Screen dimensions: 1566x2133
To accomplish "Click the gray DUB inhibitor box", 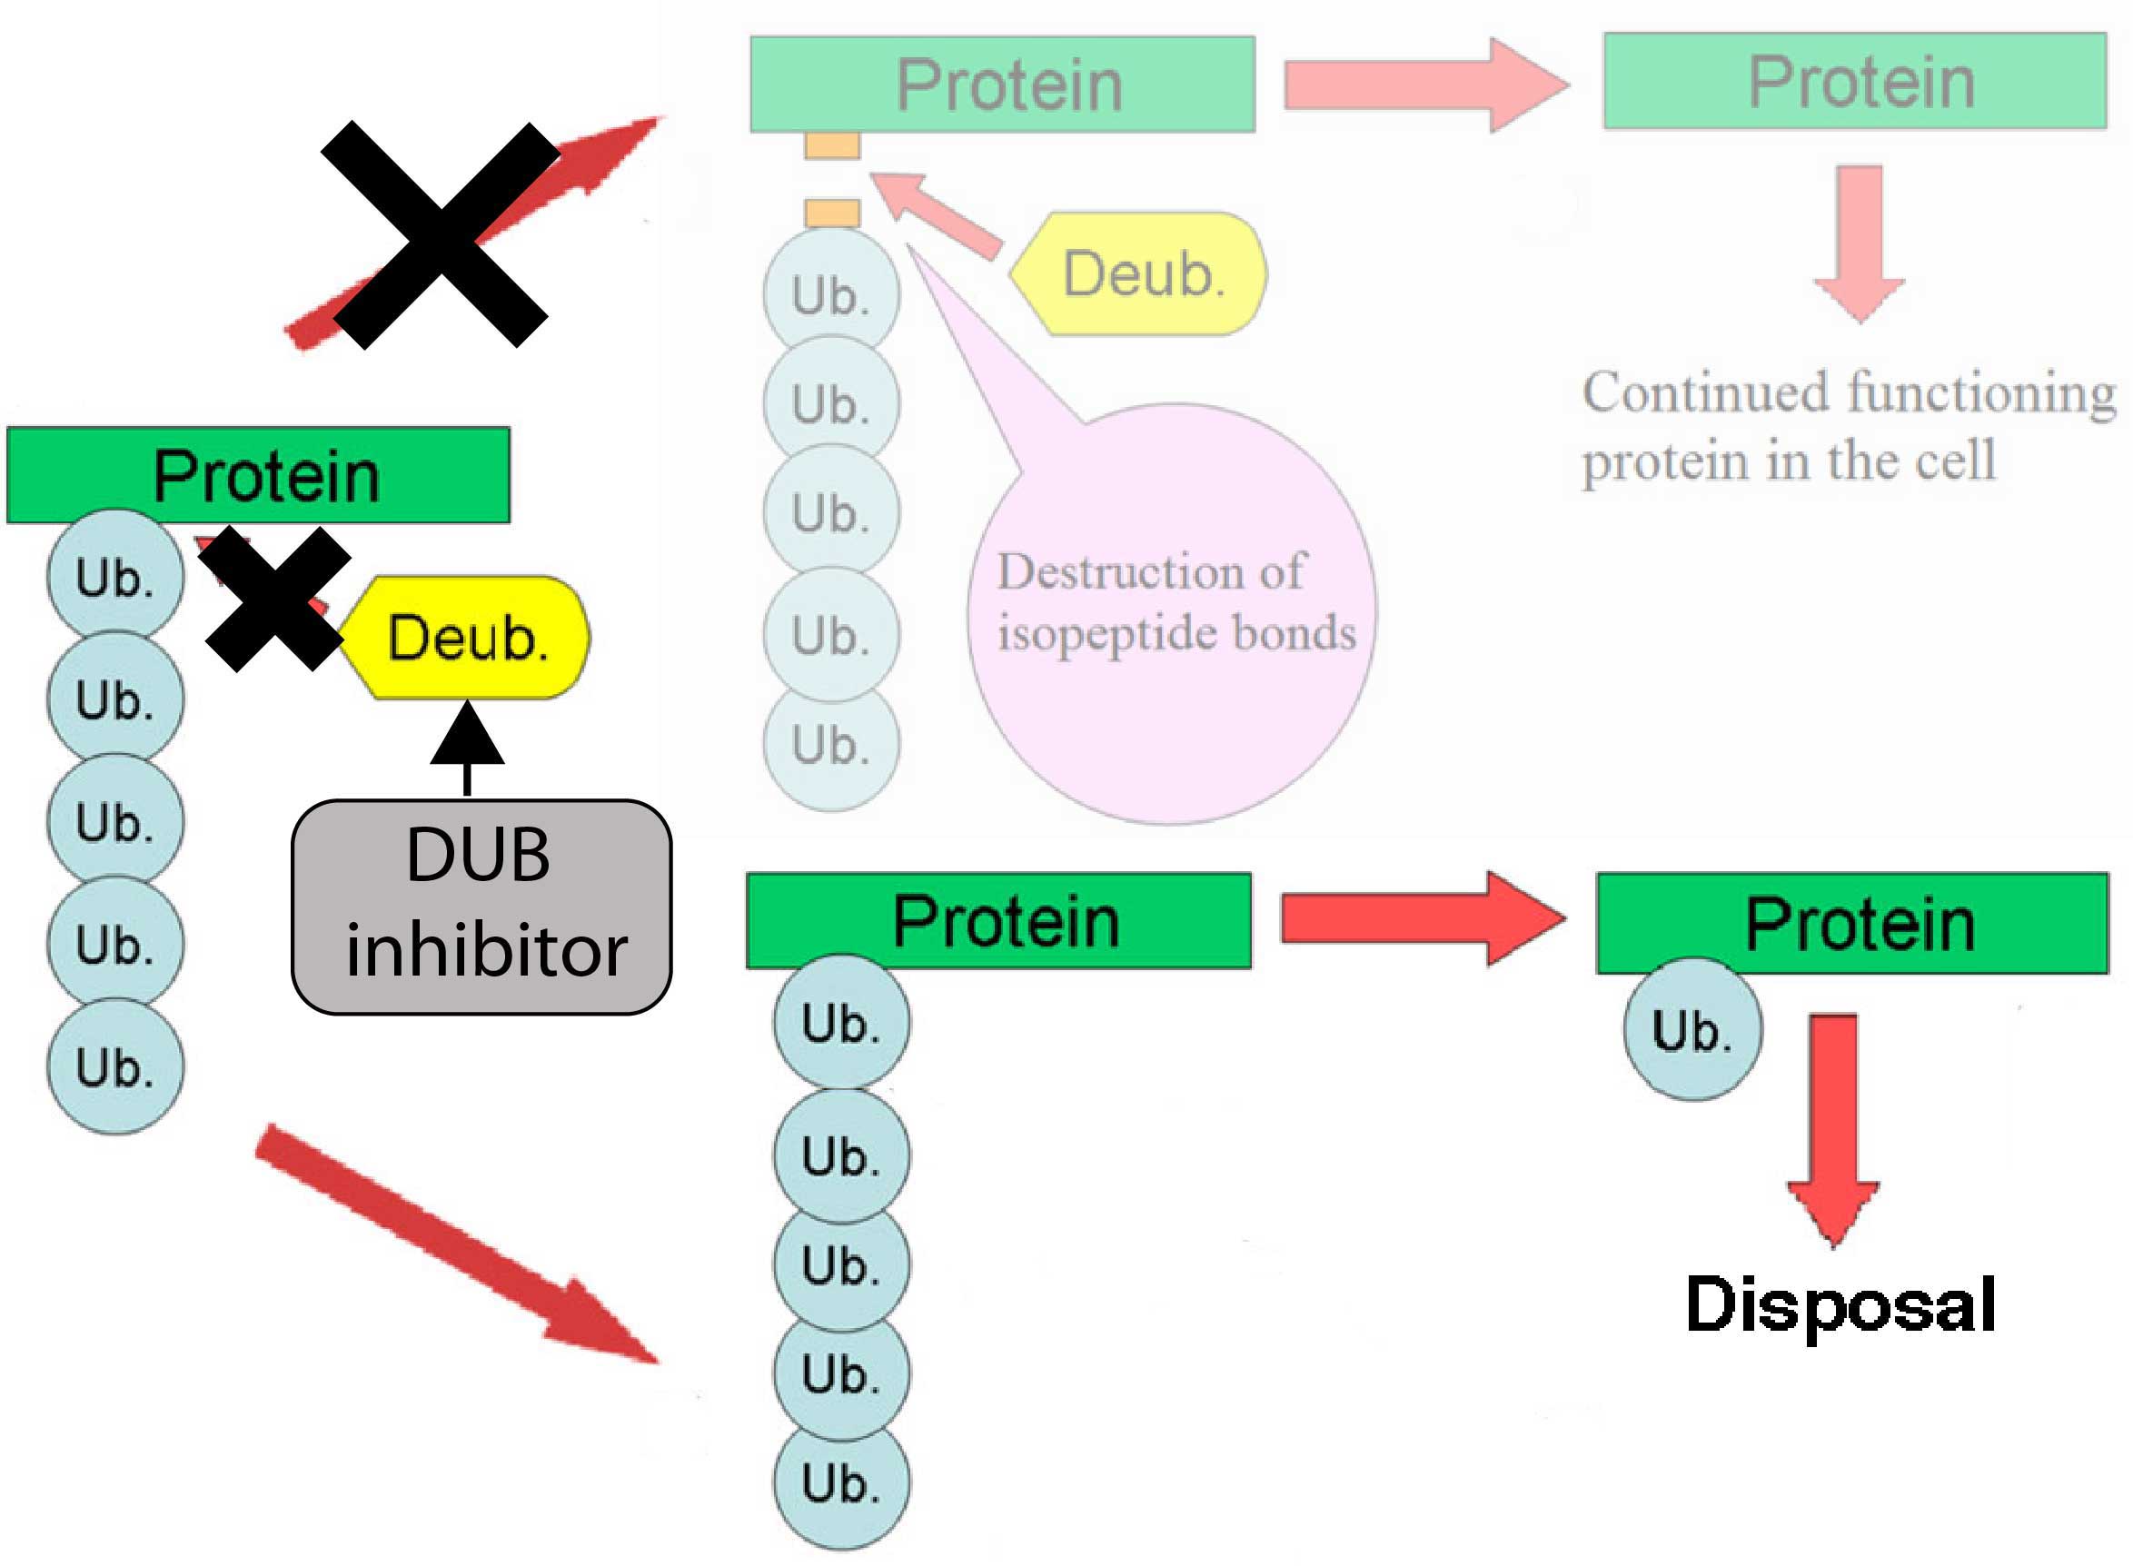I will [481, 907].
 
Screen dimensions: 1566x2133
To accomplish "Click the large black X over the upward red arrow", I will [440, 234].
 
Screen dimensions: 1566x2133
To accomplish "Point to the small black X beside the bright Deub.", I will [274, 600].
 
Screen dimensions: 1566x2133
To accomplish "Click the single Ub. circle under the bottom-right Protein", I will [1692, 1029].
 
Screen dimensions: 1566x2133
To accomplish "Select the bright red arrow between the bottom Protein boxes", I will [1422, 918].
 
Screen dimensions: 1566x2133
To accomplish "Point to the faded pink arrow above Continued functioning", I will [1859, 243].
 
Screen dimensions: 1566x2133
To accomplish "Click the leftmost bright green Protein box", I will [258, 475].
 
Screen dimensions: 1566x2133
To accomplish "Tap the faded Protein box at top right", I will [1854, 82].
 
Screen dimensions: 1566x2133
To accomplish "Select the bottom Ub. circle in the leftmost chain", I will [115, 1067].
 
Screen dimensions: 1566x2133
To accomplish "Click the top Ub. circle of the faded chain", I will [831, 295].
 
